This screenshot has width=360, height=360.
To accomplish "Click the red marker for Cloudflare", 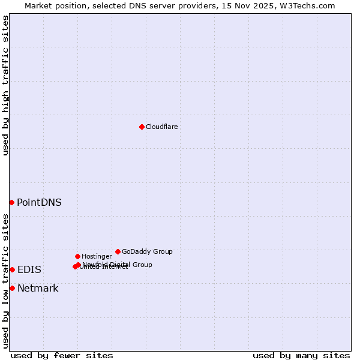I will pos(142,127).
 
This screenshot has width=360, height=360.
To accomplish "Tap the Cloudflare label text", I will pos(161,127).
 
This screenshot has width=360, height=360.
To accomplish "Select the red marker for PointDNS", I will pos(11,202).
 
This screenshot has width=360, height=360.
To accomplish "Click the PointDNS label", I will pos(39,203).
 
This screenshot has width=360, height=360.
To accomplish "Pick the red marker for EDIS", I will pos(12,269).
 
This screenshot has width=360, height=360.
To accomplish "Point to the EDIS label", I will pos(29,270).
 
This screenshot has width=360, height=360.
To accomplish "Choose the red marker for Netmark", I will pos(12,288).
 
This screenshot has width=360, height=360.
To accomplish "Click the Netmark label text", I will pos(38,289).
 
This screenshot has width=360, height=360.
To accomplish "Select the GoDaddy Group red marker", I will pos(118,251).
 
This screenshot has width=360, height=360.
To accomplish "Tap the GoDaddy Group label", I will pos(147,252).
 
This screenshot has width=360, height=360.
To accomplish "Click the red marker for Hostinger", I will pos(77,256).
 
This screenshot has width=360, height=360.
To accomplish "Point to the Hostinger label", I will pos(97,257).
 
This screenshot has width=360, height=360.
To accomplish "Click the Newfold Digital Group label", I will pos(118,265).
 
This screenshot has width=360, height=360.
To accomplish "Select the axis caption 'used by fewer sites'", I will pos(62,356).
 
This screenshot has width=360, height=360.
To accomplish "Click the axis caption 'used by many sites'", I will pos(301,356).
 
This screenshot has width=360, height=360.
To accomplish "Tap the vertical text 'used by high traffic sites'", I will pos(6,85).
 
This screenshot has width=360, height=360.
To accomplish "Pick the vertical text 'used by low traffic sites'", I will pos(6,280).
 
